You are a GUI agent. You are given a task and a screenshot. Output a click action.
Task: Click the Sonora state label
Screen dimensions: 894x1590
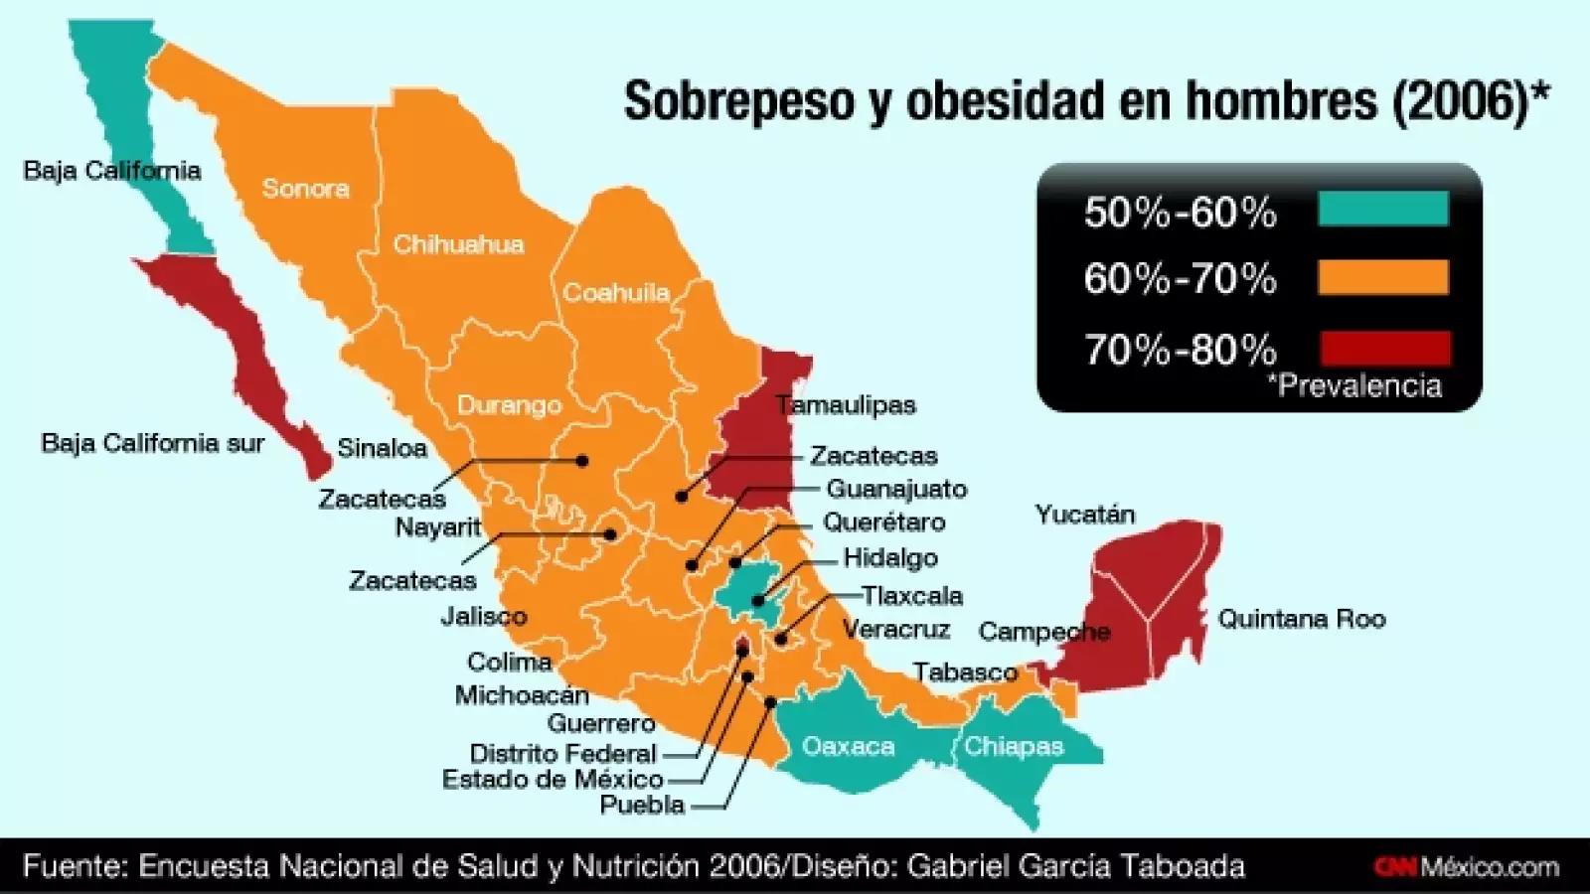click(x=305, y=189)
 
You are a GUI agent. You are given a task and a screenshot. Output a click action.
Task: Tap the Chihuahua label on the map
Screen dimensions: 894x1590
click(x=458, y=244)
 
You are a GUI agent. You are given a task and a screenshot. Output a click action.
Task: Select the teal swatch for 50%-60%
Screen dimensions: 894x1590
click(x=1382, y=210)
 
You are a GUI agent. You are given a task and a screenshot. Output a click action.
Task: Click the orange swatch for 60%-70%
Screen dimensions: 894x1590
click(x=1382, y=277)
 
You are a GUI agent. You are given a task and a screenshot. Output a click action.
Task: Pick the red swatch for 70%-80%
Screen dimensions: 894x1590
click(x=1384, y=348)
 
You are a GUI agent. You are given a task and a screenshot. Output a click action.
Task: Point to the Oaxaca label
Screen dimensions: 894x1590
click(x=848, y=747)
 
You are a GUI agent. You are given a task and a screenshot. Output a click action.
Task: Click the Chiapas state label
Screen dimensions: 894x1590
click(x=1014, y=747)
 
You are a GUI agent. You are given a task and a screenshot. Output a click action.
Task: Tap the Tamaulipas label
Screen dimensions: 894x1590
click(x=846, y=405)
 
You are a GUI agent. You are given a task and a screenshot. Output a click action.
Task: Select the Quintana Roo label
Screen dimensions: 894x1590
click(x=1301, y=620)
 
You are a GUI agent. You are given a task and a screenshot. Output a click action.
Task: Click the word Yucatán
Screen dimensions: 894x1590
click(x=1084, y=515)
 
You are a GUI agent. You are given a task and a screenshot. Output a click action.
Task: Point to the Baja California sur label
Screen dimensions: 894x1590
click(x=152, y=443)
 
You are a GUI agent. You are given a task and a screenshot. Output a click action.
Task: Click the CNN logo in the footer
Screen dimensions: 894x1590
click(x=1395, y=867)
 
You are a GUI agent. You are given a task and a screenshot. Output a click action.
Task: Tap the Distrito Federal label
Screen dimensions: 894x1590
click(x=562, y=754)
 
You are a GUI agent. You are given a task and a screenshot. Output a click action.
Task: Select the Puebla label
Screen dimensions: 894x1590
click(x=642, y=805)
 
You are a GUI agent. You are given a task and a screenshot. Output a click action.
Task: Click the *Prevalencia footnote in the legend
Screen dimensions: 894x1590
click(x=1354, y=385)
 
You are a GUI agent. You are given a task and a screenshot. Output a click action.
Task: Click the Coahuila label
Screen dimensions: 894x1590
click(x=616, y=293)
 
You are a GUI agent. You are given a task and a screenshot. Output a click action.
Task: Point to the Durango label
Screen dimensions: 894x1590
click(x=509, y=405)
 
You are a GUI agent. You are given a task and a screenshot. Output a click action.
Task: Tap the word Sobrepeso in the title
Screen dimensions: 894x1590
click(x=738, y=101)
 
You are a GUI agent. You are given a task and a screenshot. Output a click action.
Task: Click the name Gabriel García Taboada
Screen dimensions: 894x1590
click(x=1075, y=866)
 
